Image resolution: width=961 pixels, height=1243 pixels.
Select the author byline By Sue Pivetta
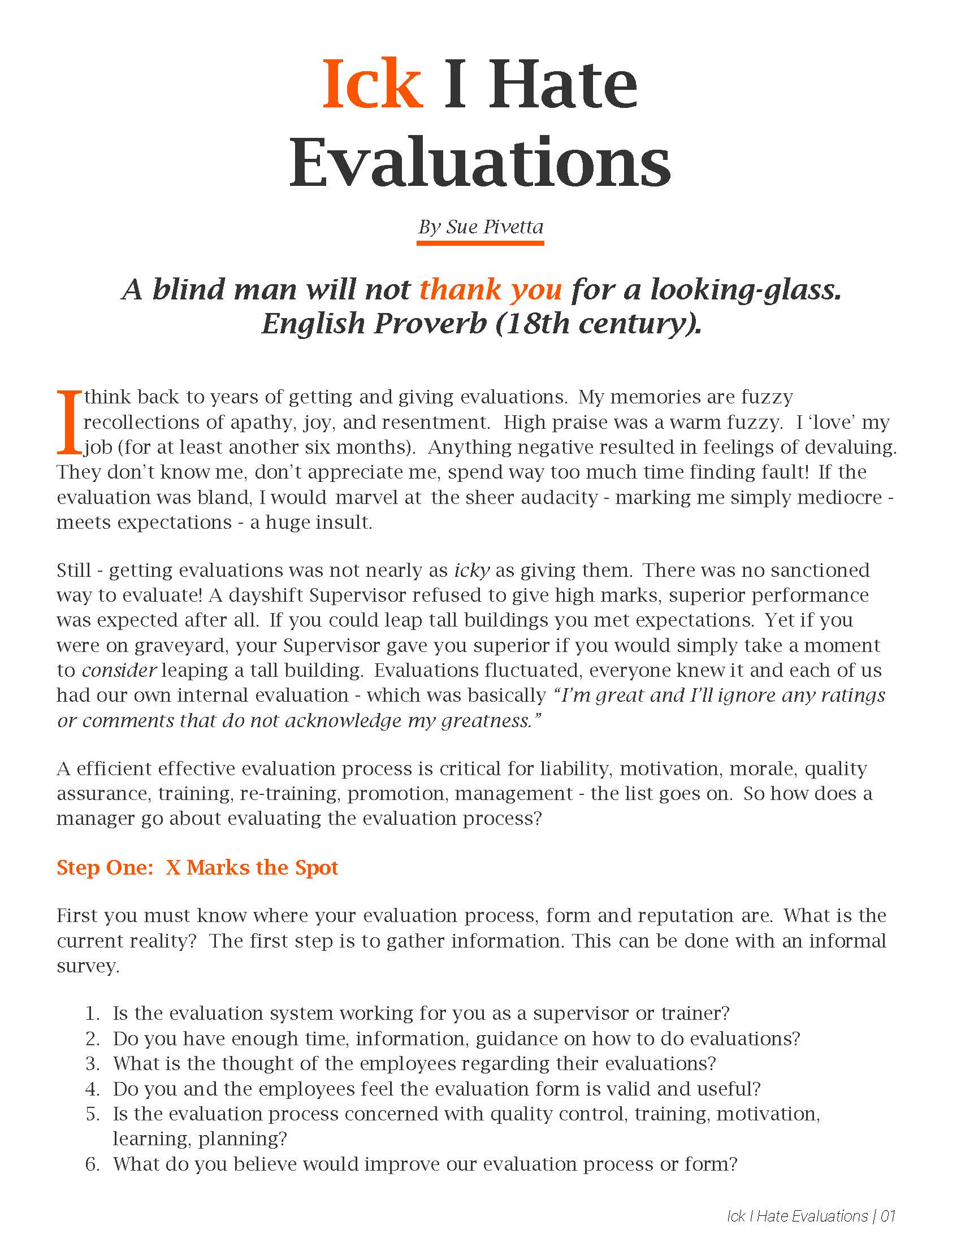pyautogui.click(x=480, y=227)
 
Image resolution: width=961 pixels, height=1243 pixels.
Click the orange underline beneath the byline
pyautogui.click(x=480, y=243)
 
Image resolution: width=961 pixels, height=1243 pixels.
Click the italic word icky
pyautogui.click(x=472, y=570)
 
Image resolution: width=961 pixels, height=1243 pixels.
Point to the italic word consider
pyautogui.click(x=118, y=670)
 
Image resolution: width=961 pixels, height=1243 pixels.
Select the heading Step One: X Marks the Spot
pyautogui.click(x=197, y=867)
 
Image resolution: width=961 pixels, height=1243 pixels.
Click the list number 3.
pyautogui.click(x=92, y=1063)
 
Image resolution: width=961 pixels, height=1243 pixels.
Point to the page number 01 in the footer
pyautogui.click(x=888, y=1216)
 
